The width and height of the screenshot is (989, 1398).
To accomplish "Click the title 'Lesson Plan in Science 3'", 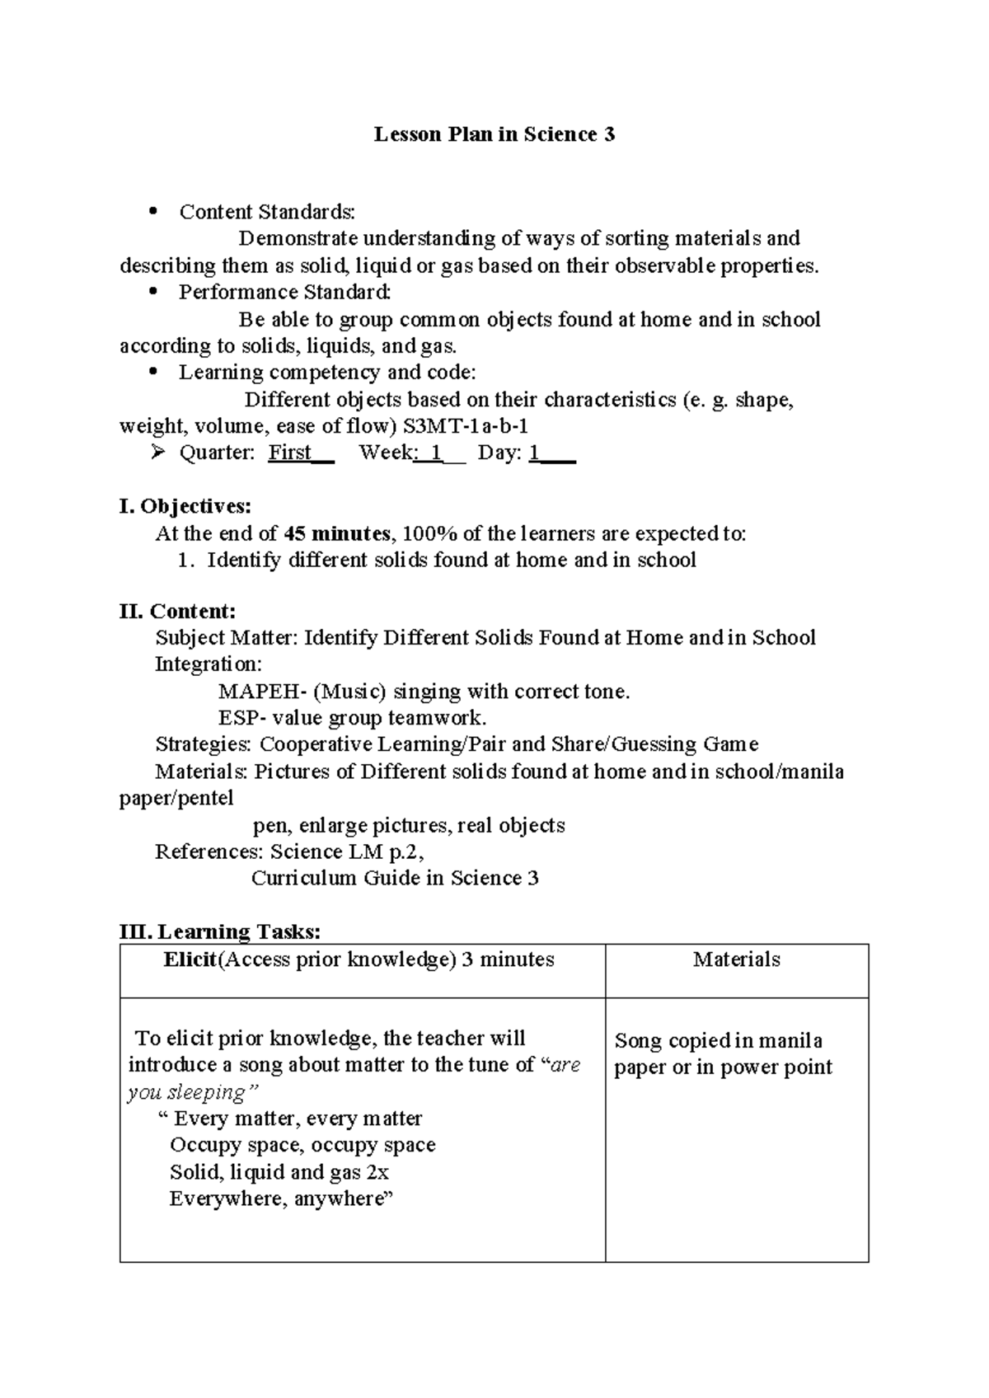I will pos(494,134).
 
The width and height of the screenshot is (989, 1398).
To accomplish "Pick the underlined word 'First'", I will pos(289,453).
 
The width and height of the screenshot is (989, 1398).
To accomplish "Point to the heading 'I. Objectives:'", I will pos(185,505).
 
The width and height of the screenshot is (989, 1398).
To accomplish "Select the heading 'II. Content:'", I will pos(177,612).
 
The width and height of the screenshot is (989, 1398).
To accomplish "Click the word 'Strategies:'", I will pos(203,744).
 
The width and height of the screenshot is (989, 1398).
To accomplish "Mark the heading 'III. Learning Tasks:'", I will pos(220,931).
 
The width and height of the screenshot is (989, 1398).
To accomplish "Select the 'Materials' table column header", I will pos(736,959).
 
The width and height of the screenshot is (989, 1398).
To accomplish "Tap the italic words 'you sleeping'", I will pos(187,1092).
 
